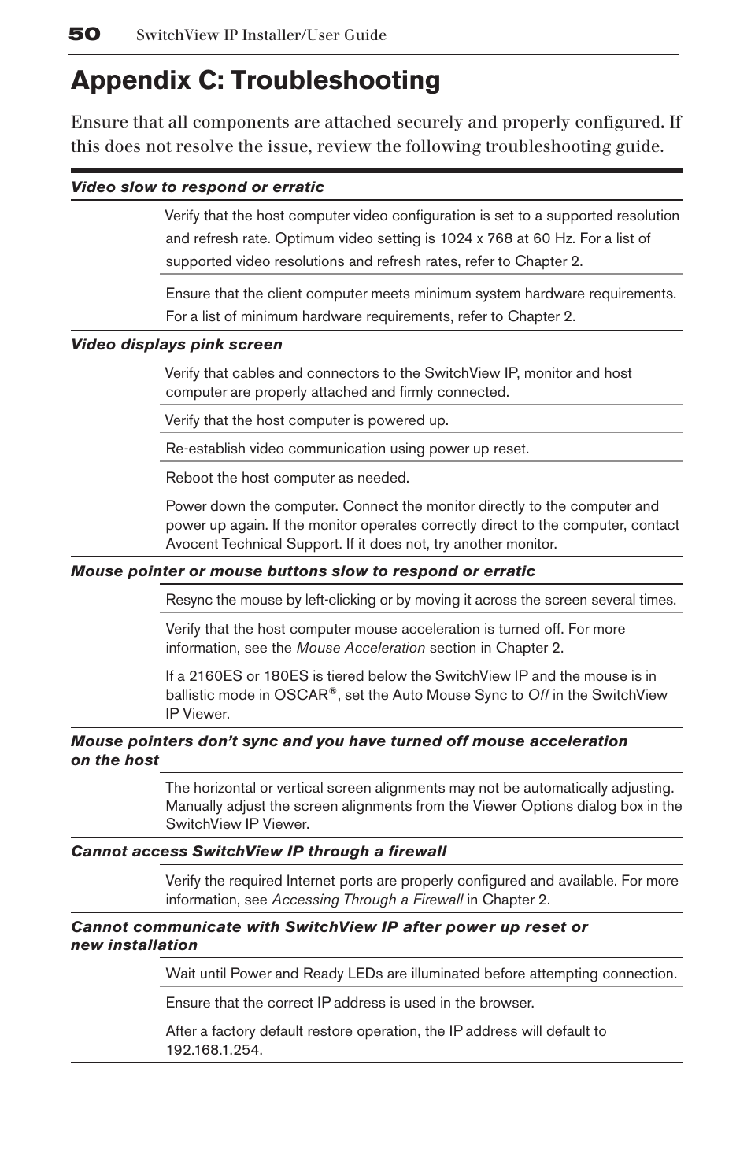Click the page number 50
(x=84, y=34)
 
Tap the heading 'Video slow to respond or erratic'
(x=198, y=187)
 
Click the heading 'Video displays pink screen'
(x=176, y=345)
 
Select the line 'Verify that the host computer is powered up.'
(x=307, y=420)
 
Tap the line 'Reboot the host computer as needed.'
(x=287, y=478)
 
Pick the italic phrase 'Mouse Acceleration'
(x=361, y=648)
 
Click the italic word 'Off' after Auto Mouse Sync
(x=538, y=695)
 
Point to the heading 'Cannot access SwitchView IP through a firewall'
(x=258, y=852)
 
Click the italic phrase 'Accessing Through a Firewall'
(x=367, y=900)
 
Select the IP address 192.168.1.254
(x=213, y=1050)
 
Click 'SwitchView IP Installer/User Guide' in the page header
(x=261, y=35)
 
